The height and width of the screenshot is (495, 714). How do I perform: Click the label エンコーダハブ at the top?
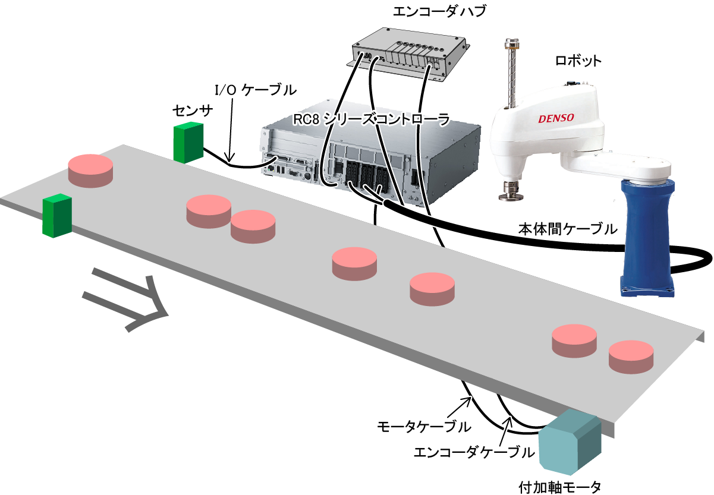pos(439,11)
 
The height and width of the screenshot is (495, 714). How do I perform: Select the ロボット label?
pos(578,61)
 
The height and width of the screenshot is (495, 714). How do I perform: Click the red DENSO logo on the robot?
pos(556,118)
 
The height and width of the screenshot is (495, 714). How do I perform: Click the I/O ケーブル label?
pos(256,90)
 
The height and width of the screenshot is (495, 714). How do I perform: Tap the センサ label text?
pos(193,111)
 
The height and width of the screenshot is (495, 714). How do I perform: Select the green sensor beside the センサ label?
pos(188,143)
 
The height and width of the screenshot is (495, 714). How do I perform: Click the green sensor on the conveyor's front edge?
pos(57,216)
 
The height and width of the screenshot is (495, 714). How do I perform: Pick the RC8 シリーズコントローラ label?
pos(371,120)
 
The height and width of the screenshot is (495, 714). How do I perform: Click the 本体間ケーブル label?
pos(568,229)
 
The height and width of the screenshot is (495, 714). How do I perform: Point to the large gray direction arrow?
pos(125,299)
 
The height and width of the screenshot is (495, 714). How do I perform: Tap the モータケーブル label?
pos(424,427)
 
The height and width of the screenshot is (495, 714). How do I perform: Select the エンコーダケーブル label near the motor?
pos(474,452)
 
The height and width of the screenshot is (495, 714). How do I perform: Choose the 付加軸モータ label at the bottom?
pos(559,487)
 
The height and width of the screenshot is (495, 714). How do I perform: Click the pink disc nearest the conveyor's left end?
pos(90,171)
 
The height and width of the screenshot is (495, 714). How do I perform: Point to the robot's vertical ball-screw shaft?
pos(512,74)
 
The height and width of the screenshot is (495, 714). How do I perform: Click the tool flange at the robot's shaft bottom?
pos(511,191)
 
